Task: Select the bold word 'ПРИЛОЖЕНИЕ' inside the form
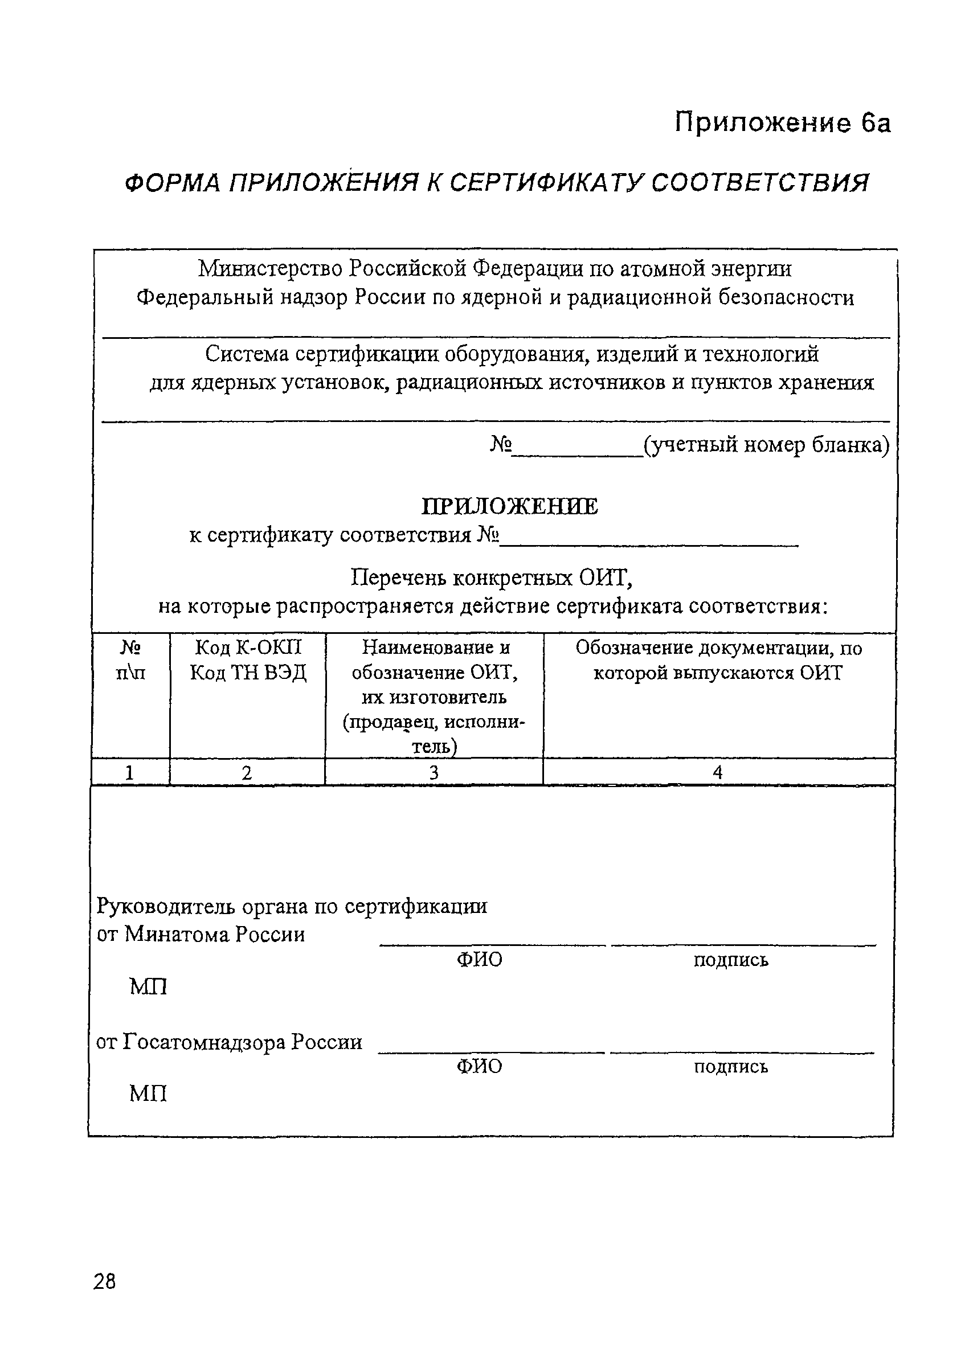click(x=509, y=507)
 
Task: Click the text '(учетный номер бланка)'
click(x=766, y=445)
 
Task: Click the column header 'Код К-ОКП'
click(x=248, y=648)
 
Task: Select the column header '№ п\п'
click(x=130, y=660)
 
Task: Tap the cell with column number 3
click(x=434, y=773)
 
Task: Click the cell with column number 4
click(x=718, y=773)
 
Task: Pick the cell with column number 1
click(x=129, y=773)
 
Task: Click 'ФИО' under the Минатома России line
click(x=480, y=960)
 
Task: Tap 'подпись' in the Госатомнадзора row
click(x=730, y=1067)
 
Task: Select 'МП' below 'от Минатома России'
click(x=148, y=987)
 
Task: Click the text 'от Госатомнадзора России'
click(x=229, y=1042)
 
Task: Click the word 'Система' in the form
click(x=247, y=355)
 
